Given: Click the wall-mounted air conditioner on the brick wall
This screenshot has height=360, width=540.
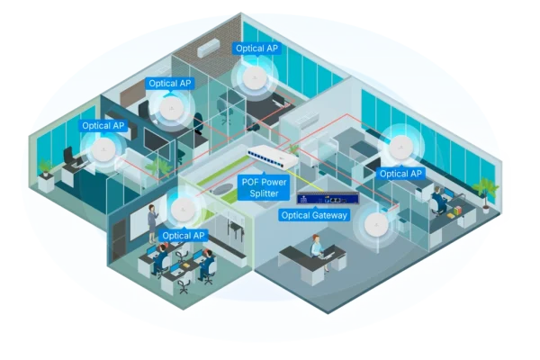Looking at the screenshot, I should tap(206, 45).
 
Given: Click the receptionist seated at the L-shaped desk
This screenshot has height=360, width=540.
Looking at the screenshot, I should tap(316, 246).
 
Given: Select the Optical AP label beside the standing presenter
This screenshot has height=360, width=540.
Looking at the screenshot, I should tap(183, 235).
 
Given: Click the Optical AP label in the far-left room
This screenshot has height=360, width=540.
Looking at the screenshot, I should tap(103, 126).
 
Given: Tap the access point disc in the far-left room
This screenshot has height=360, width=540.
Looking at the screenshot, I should tap(104, 149).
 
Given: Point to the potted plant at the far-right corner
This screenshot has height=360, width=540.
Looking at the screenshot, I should tap(487, 186).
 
